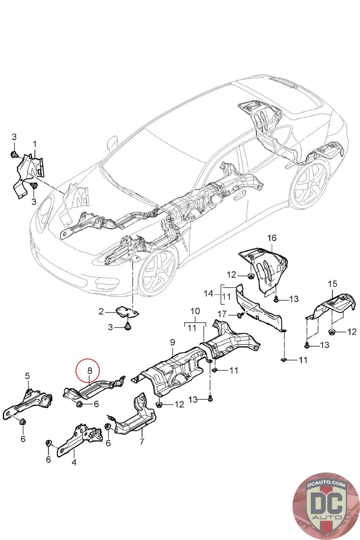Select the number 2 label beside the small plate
pyautogui.click(x=101, y=312)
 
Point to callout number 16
pyautogui.click(x=272, y=238)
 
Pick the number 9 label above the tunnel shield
pyautogui.click(x=172, y=343)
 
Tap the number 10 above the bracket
pyautogui.click(x=195, y=311)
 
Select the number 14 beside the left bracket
pyautogui.click(x=209, y=294)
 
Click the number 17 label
pyautogui.click(x=222, y=314)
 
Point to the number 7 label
pyautogui.click(x=142, y=441)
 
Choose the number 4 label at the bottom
pyautogui.click(x=74, y=462)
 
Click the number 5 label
pyautogui.click(x=27, y=376)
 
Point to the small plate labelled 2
pyautogui.click(x=128, y=312)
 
